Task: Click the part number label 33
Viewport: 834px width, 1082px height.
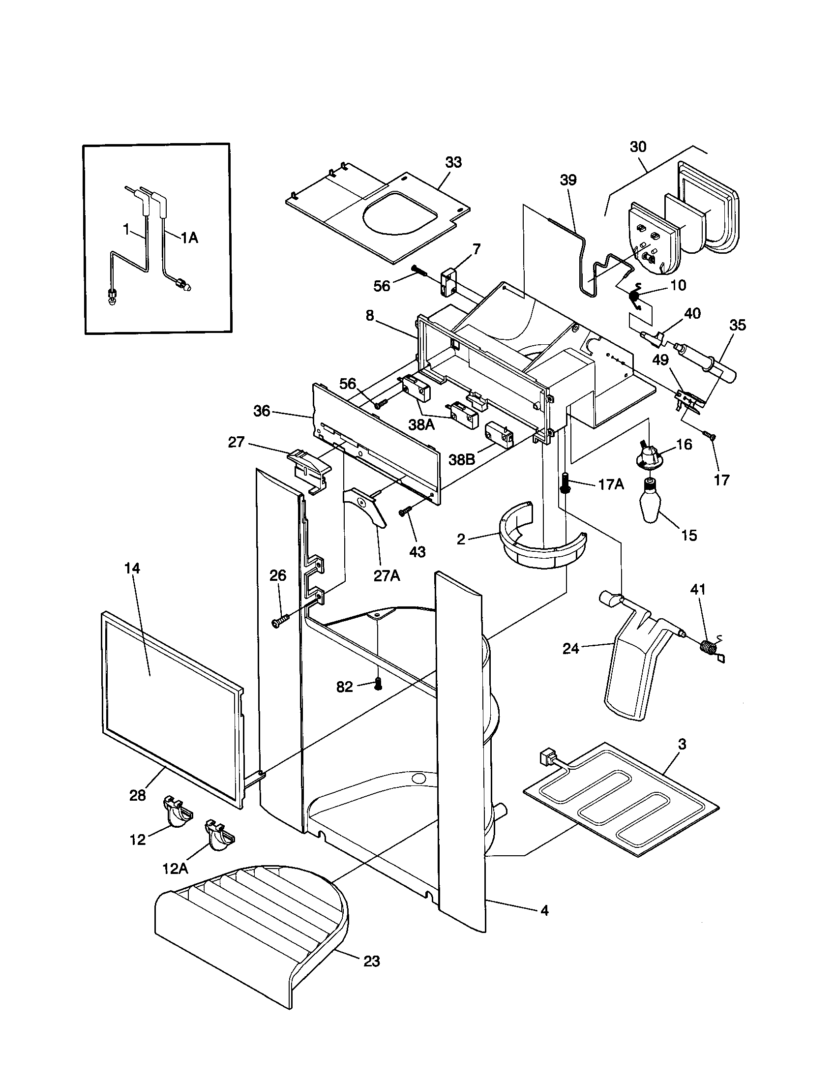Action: pos(453,162)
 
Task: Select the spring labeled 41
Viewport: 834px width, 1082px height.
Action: pos(709,647)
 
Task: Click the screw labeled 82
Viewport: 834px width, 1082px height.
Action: pos(378,685)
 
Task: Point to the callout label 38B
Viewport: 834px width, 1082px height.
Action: pos(461,460)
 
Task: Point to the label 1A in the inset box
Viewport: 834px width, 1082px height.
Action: pos(189,239)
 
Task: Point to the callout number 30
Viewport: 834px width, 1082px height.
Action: pos(638,147)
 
